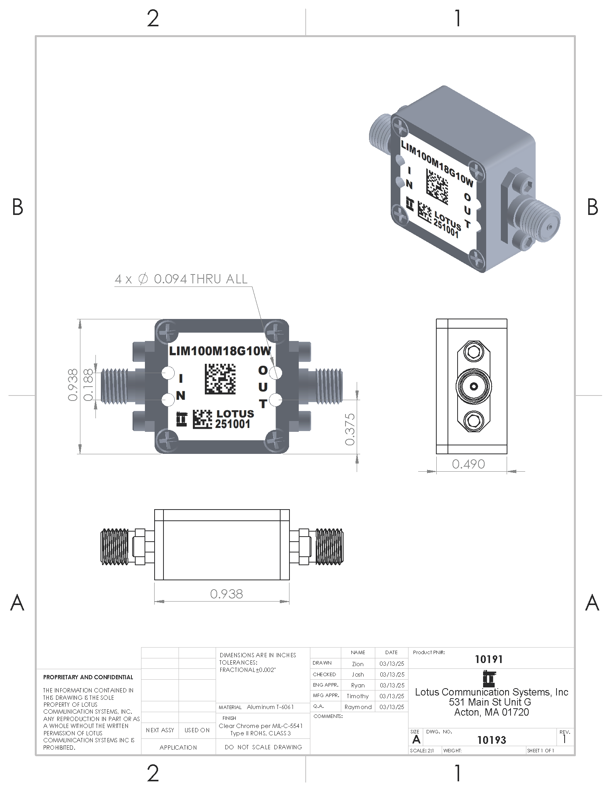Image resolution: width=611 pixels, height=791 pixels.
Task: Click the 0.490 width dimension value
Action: (x=468, y=464)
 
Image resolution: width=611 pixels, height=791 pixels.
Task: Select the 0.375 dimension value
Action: (x=350, y=429)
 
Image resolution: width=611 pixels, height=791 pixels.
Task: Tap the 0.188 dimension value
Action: (x=89, y=385)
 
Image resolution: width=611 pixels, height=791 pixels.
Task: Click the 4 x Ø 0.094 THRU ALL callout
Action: (x=181, y=279)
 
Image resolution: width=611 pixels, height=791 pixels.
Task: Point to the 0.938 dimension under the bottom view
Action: (x=226, y=593)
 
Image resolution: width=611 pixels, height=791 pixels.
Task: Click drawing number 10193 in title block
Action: (x=491, y=740)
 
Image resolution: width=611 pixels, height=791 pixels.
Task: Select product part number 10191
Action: (x=488, y=659)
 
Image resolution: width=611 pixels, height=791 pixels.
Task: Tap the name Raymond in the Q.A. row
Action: (x=358, y=707)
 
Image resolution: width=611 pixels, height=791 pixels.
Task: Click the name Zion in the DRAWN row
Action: (x=357, y=664)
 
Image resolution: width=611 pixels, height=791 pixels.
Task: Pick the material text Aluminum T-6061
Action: (x=270, y=707)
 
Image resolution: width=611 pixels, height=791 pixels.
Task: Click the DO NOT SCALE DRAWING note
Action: (x=263, y=747)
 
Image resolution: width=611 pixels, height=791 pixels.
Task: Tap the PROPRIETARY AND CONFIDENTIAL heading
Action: (x=88, y=677)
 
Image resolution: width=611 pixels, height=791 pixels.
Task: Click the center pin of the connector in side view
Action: (x=473, y=386)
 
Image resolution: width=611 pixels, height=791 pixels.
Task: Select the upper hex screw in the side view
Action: (x=473, y=352)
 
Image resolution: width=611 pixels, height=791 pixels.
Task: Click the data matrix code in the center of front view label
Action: (x=220, y=379)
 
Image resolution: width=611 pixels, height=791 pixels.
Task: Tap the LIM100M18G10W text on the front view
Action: (x=220, y=351)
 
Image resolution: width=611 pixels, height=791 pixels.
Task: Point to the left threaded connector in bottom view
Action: (x=115, y=547)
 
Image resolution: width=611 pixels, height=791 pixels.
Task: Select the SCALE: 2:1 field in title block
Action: (x=422, y=750)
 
